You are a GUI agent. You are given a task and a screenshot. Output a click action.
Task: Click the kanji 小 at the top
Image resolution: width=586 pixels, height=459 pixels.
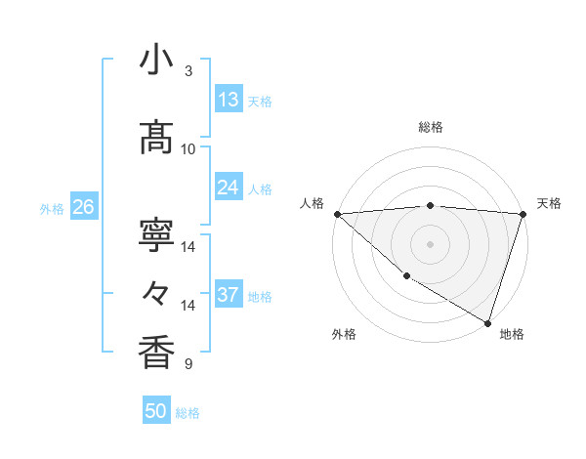point(156,61)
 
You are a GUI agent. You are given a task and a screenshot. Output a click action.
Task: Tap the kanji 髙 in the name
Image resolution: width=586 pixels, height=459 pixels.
point(156,139)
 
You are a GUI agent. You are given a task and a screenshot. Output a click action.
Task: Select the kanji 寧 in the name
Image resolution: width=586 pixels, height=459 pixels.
point(156,235)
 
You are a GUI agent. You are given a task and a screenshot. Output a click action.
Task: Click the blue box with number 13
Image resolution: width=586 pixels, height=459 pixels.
point(229,100)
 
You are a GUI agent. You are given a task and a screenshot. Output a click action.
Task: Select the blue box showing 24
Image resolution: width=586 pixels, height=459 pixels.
point(229,188)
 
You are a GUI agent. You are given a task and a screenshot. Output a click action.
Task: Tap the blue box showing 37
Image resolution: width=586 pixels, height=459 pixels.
point(229,295)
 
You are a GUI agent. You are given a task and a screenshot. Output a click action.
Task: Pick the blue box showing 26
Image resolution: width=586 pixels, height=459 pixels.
point(83,207)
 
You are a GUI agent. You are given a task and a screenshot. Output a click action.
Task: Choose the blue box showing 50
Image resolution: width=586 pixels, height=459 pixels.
point(156,411)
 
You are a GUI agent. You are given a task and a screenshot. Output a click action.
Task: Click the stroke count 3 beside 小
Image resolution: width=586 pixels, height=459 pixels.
point(188,71)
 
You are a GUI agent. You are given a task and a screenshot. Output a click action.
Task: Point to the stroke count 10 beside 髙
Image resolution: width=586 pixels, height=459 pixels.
point(188,149)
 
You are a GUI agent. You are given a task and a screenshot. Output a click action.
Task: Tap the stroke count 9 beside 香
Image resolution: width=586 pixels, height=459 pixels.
point(188,364)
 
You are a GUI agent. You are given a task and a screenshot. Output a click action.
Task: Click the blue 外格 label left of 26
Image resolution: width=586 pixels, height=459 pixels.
point(52,208)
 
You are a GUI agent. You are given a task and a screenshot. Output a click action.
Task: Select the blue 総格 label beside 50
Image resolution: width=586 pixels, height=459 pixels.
point(188,413)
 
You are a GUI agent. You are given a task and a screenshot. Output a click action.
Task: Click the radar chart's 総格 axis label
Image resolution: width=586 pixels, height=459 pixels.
point(430,127)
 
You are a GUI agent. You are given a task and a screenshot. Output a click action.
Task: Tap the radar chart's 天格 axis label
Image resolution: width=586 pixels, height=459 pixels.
point(549,203)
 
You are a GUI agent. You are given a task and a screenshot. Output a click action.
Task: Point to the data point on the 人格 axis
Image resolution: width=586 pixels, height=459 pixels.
point(337,213)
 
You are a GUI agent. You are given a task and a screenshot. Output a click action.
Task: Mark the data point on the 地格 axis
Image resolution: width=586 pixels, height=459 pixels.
point(487,322)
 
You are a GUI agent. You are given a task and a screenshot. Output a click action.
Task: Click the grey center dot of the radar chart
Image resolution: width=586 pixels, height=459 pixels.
point(430,243)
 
